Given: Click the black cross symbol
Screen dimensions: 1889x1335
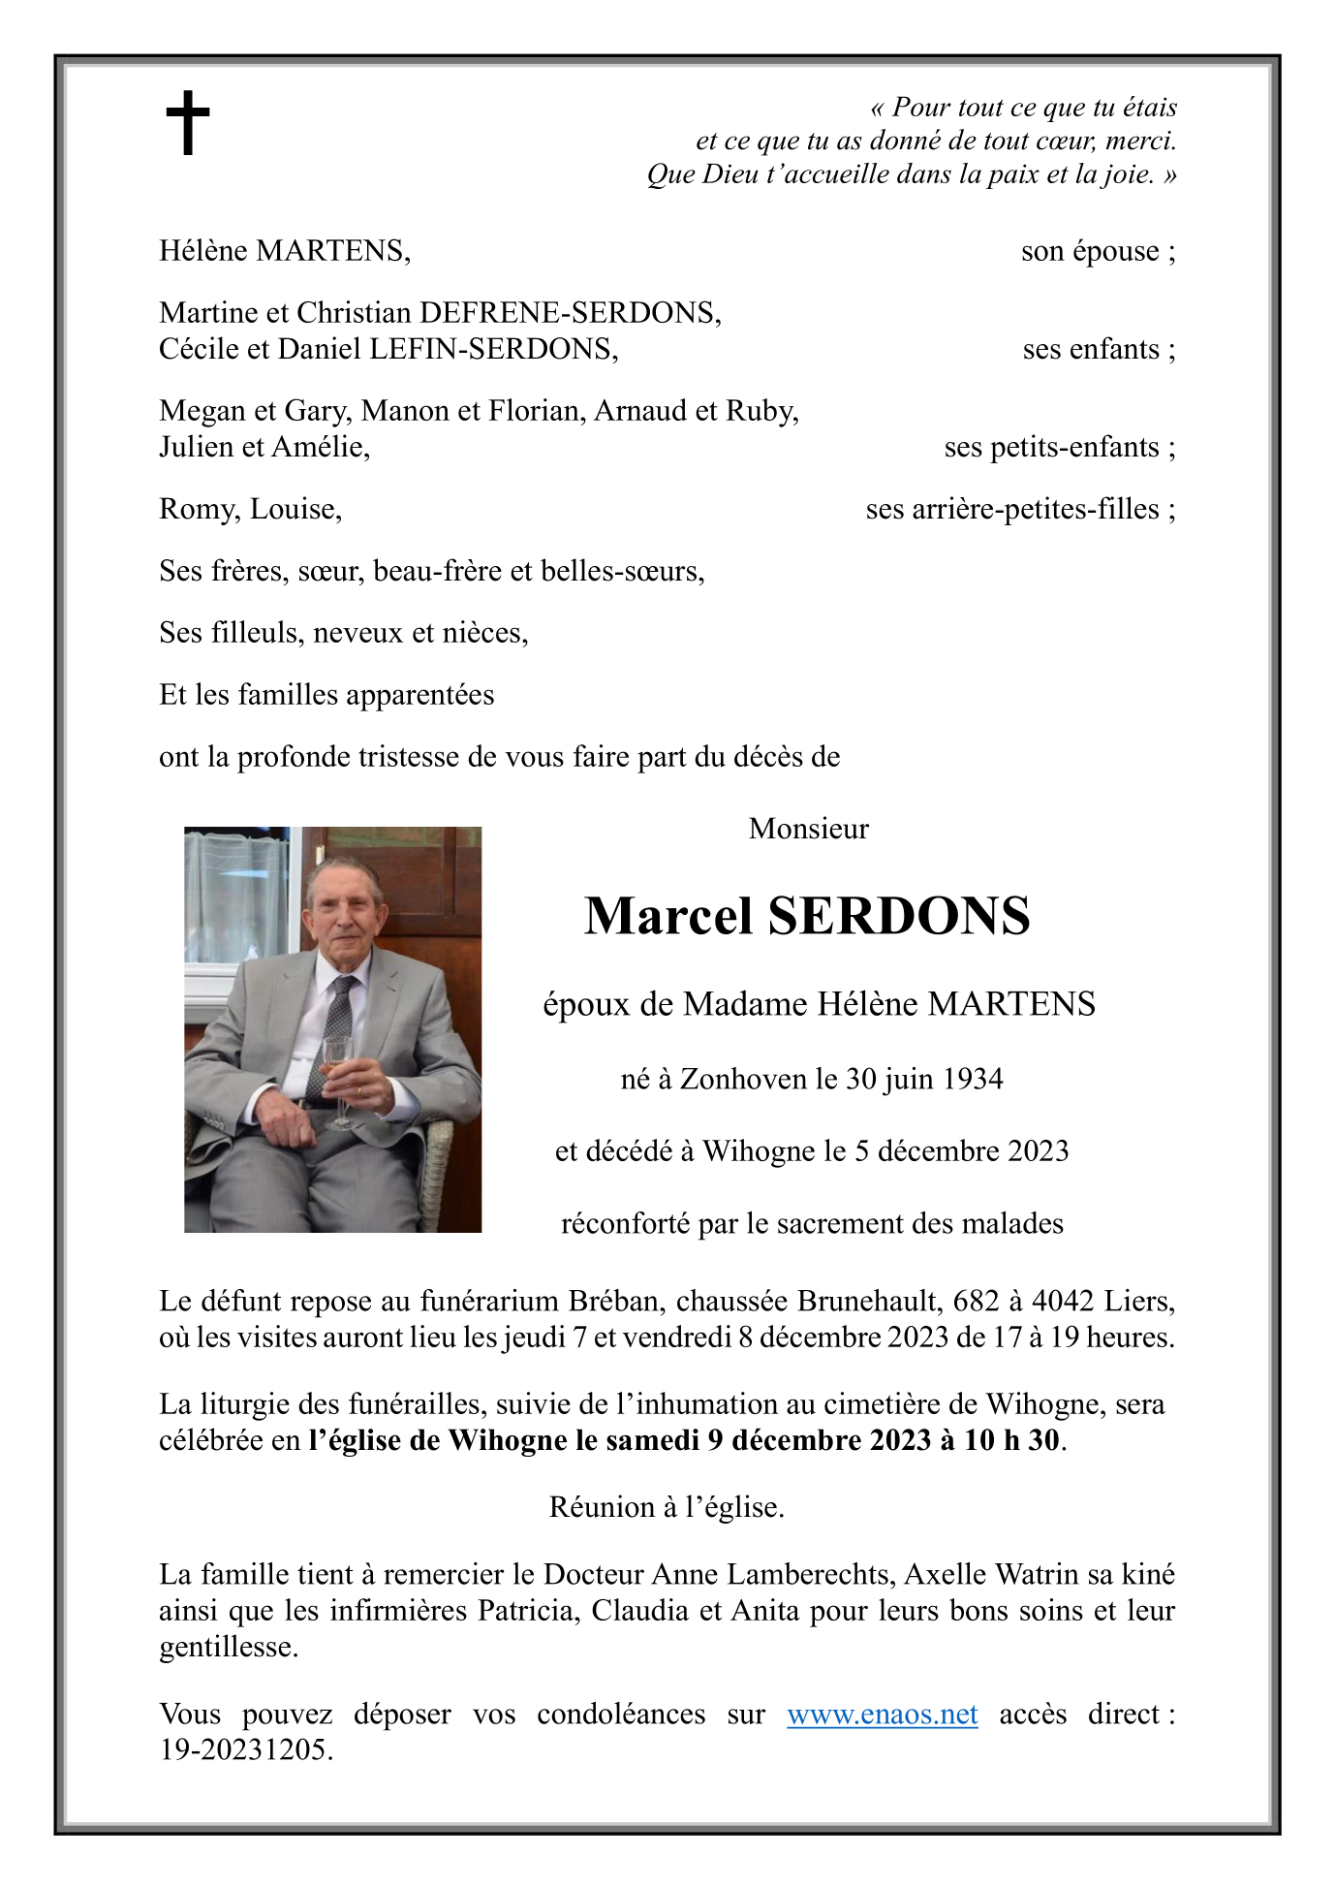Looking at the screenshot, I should coord(188,123).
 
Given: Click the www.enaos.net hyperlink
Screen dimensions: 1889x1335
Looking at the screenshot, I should coord(882,1714).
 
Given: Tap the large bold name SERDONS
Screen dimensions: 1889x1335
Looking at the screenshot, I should coord(898,916).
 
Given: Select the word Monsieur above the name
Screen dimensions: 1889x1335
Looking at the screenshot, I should coord(808,829).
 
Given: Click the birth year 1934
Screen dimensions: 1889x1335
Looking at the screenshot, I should coord(973,1079).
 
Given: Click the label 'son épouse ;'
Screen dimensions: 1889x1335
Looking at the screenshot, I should coord(1098,251).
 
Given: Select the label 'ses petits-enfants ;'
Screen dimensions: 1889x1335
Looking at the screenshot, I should coord(1059,447).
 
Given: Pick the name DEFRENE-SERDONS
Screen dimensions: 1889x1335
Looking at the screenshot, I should coord(571,312).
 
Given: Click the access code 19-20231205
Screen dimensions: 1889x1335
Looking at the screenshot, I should coord(245,1750).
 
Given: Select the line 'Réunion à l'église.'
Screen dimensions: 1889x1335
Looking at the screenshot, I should coord(667,1507).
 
